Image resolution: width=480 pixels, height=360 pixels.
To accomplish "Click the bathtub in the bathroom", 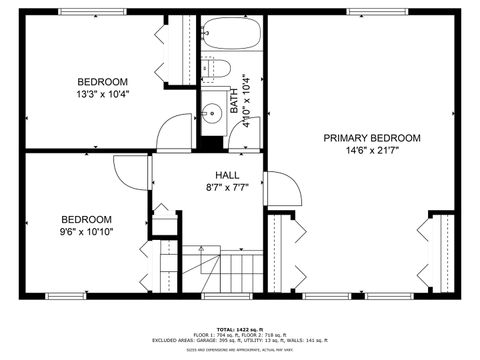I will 232,37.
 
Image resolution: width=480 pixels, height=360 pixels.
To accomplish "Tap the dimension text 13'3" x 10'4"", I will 103,95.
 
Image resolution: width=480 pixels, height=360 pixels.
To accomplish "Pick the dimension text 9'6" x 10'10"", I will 86,232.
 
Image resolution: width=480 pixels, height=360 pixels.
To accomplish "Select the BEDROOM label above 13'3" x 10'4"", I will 103,82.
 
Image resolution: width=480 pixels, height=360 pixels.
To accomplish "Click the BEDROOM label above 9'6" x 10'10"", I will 86,219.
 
